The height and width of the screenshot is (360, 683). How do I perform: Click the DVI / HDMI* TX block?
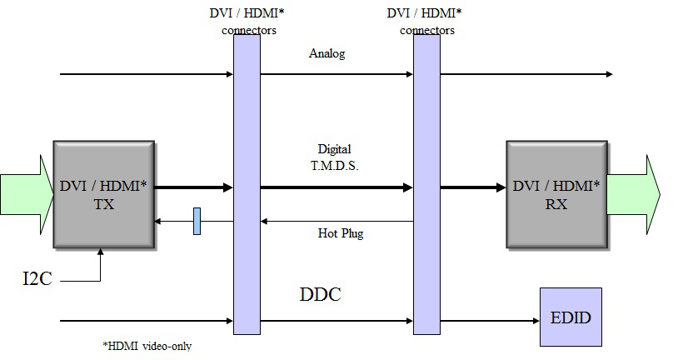[x=103, y=193]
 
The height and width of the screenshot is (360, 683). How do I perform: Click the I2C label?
[x=37, y=278]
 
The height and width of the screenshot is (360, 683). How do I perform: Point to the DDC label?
[x=321, y=295]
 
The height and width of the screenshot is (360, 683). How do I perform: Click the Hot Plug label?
[x=341, y=233]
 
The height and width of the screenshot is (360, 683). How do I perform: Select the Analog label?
[x=327, y=54]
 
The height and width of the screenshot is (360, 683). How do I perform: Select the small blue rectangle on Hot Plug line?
[x=197, y=222]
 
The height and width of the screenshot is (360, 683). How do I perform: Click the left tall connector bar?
[x=247, y=183]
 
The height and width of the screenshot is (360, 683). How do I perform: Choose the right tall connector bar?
[x=426, y=183]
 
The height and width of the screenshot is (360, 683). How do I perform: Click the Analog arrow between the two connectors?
[x=337, y=74]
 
